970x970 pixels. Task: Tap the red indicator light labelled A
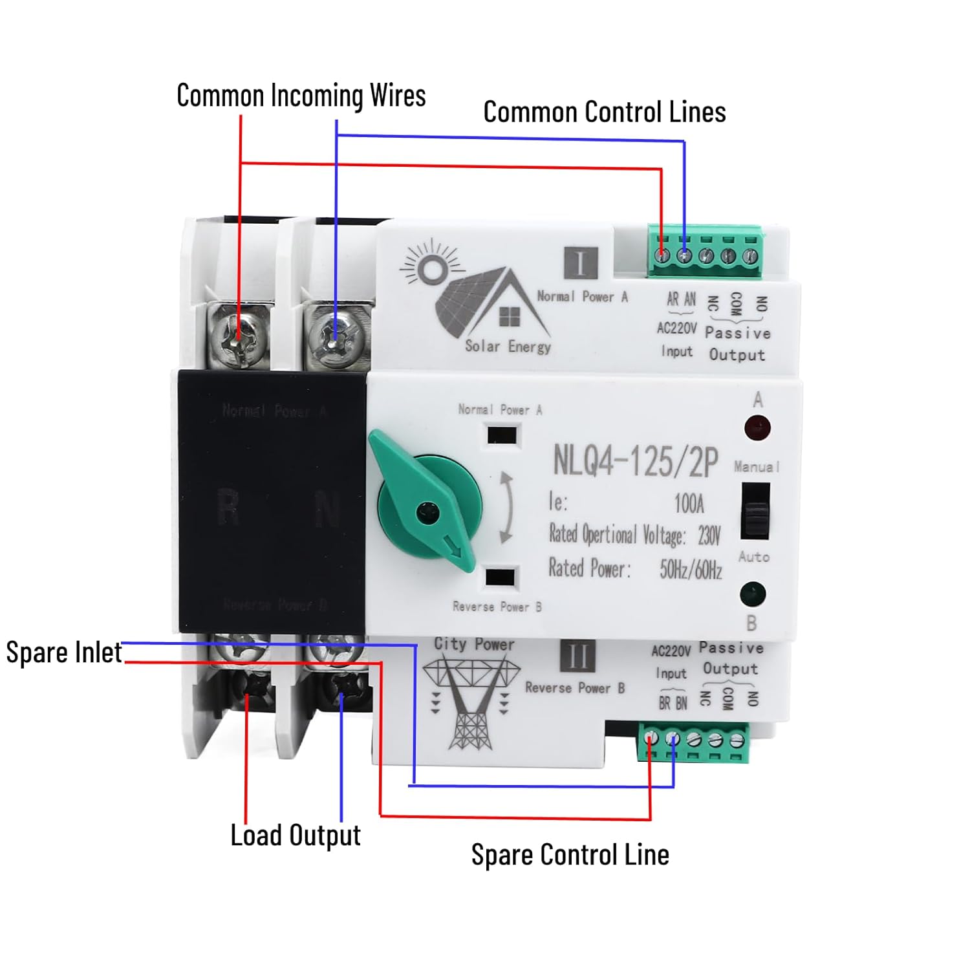(757, 427)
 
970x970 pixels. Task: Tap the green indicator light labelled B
(752, 594)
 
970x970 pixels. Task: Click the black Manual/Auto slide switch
(755, 512)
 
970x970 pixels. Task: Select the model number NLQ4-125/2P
(635, 461)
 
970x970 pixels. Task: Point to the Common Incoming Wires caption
(301, 96)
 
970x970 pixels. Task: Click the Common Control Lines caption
(604, 112)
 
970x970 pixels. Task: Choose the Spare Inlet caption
(63, 652)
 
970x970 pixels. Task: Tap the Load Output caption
(296, 835)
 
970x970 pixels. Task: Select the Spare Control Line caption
(570, 854)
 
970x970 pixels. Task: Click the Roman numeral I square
(581, 263)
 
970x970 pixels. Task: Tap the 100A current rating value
(689, 503)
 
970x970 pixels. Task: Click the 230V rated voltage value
(709, 535)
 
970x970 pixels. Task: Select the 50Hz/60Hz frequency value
(690, 569)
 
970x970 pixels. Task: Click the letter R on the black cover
(228, 507)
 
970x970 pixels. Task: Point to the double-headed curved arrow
(507, 508)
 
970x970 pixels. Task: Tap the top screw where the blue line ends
(334, 336)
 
